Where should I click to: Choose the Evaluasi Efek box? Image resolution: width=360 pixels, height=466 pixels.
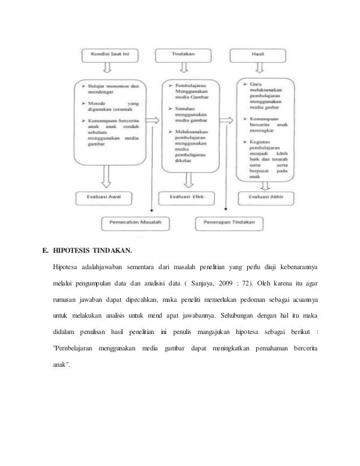[183, 198]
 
